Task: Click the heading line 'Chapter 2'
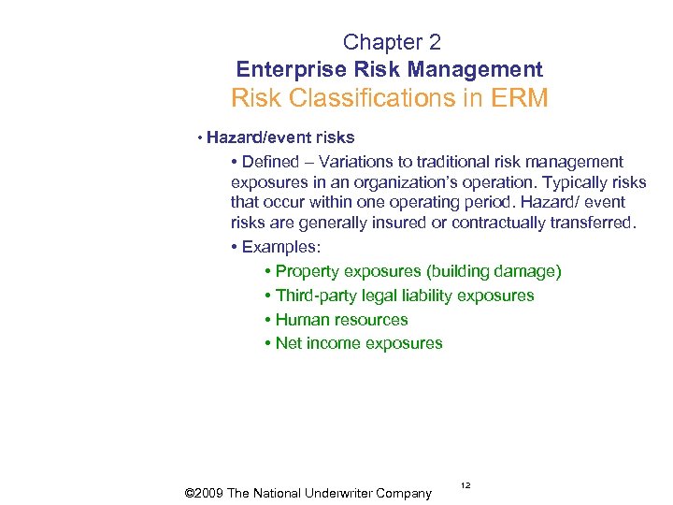coord(392,42)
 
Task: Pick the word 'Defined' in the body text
coord(271,162)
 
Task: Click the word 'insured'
coord(401,223)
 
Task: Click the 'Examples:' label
coord(280,247)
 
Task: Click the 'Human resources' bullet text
coord(342,320)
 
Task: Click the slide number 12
coord(465,485)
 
